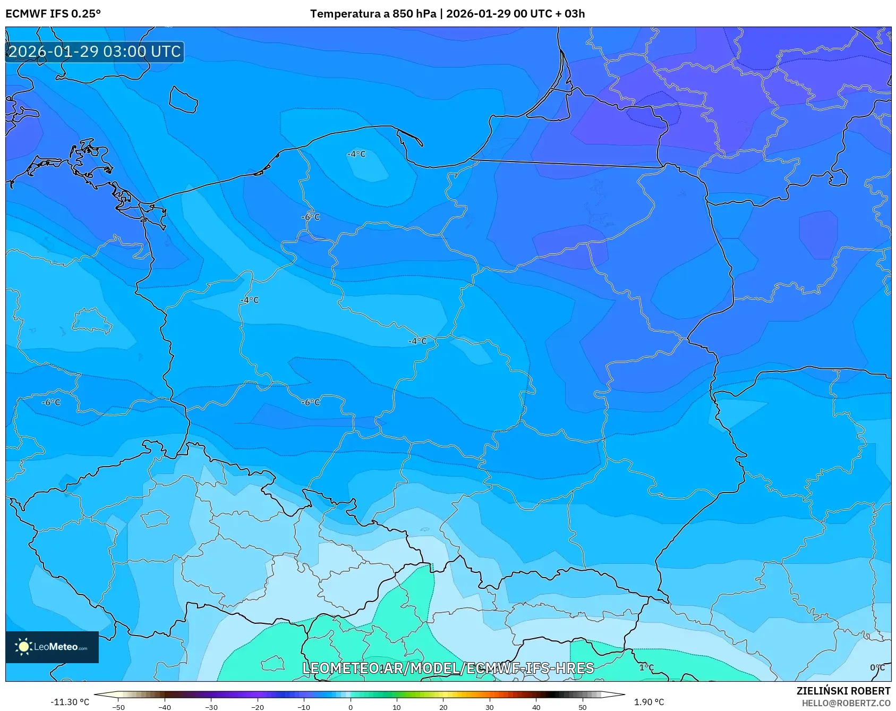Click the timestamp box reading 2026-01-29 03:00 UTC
(95, 52)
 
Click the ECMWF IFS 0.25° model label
(53, 14)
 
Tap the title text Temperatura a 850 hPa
(373, 14)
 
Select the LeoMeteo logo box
(52, 647)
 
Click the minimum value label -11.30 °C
(70, 702)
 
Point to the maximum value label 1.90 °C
(648, 702)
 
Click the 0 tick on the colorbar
(350, 707)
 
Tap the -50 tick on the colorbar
(118, 707)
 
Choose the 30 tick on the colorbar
(489, 707)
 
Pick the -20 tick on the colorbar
(258, 707)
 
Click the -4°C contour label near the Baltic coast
(356, 154)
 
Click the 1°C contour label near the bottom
(646, 667)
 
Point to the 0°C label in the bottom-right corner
(877, 667)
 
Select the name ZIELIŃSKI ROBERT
(843, 691)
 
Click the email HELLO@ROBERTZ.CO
(846, 703)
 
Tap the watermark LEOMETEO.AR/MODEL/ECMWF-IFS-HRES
(448, 668)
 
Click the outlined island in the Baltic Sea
(183, 99)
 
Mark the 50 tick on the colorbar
(582, 707)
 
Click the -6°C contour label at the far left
(51, 403)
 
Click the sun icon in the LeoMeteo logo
(23, 647)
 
